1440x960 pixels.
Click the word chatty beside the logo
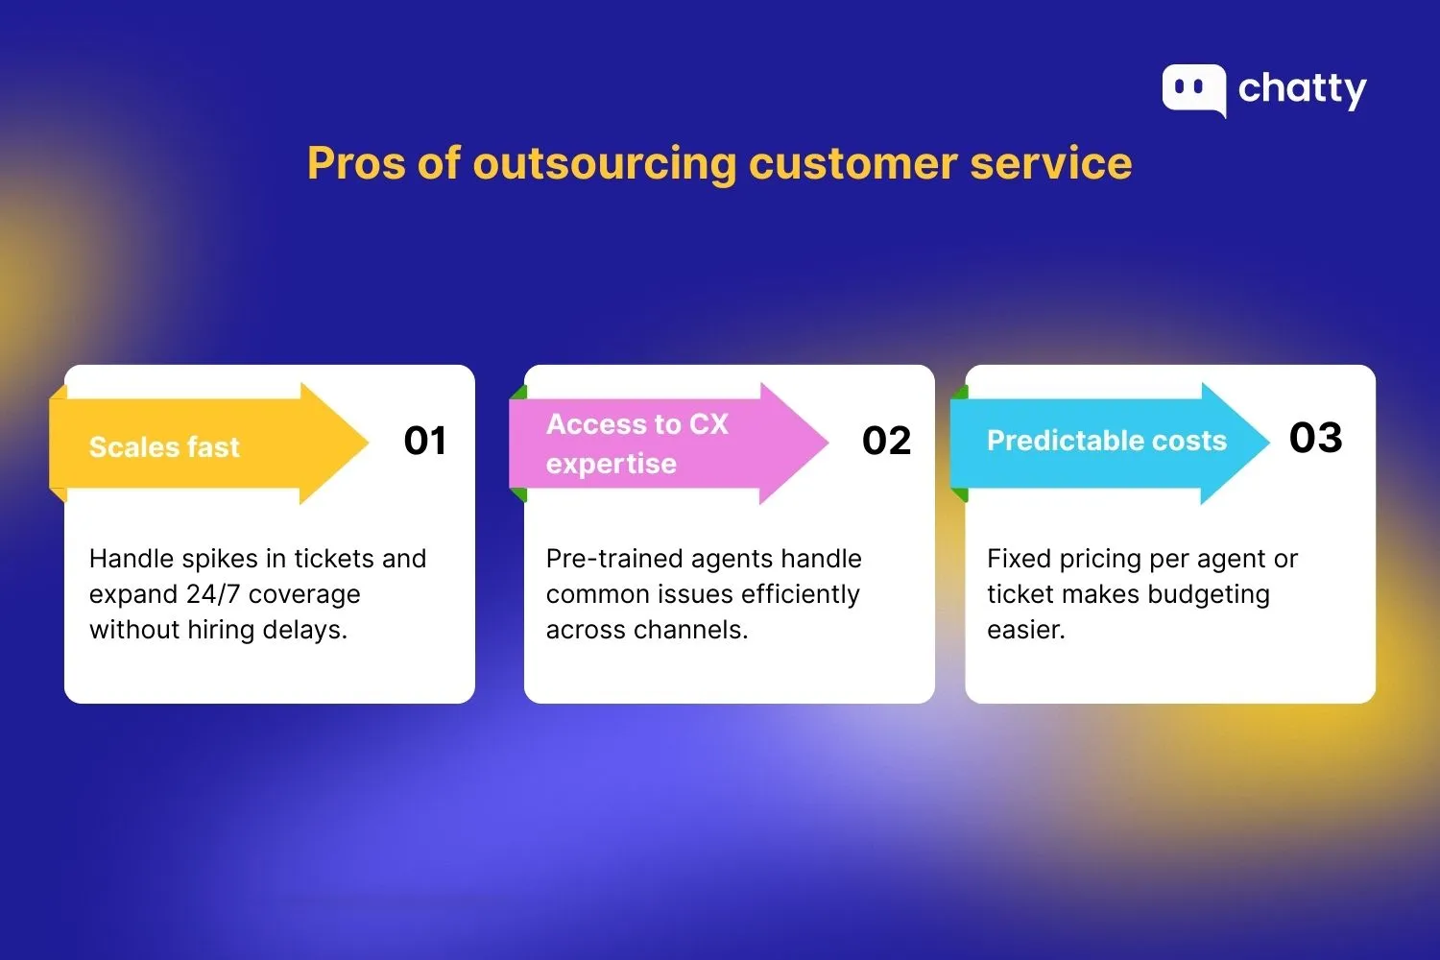[x=1302, y=89]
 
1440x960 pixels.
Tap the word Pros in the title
[x=355, y=163]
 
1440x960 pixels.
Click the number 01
[x=424, y=441]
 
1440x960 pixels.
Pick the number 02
[x=886, y=441]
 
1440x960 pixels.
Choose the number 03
[x=1315, y=438]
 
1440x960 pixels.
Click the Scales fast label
[x=164, y=447]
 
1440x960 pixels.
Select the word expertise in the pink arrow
[x=612, y=464]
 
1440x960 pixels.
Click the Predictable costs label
[x=1107, y=441]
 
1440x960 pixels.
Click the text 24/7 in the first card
[x=213, y=594]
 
